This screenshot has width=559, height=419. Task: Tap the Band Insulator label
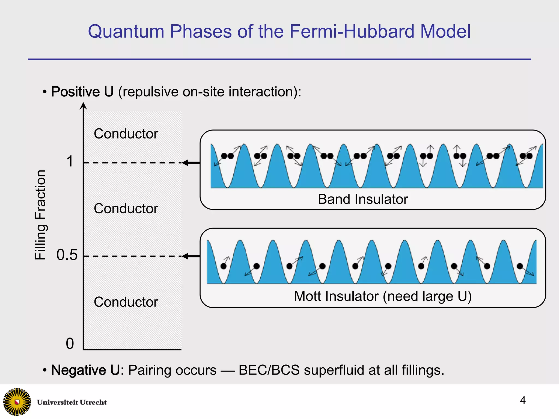click(363, 199)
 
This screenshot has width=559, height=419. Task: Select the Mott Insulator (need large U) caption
click(383, 296)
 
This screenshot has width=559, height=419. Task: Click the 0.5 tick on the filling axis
click(67, 255)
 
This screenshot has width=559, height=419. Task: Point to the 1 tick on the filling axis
click(70, 161)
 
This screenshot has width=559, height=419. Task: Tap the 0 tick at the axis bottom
click(70, 343)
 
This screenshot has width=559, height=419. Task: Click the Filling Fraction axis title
click(40, 215)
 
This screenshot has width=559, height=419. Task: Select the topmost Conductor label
click(126, 134)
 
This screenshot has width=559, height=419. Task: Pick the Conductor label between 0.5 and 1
click(126, 209)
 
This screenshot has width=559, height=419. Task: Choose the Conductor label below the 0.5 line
click(126, 302)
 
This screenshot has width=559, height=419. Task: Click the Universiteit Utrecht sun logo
click(17, 402)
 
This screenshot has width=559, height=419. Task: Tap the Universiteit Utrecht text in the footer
click(72, 402)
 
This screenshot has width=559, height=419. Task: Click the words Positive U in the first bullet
click(82, 92)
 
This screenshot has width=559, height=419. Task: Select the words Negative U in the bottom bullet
click(85, 370)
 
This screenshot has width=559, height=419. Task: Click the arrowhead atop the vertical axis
click(83, 106)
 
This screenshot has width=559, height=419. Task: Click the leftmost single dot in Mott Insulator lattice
click(223, 266)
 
